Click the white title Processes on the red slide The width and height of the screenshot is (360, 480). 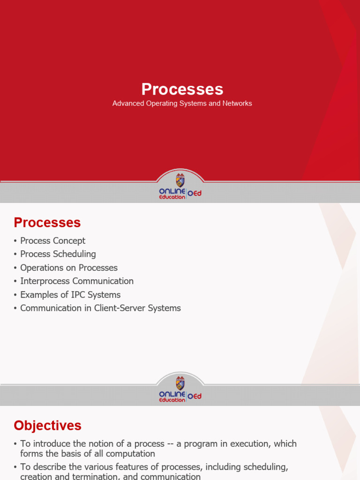pyautogui.click(x=182, y=90)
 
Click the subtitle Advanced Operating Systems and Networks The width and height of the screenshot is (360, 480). pyautogui.click(x=182, y=103)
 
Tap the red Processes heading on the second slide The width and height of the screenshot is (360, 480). pyautogui.click(x=47, y=222)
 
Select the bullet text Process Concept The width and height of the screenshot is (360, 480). pyautogui.click(x=52, y=240)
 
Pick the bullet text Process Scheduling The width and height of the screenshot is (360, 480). pyautogui.click(x=58, y=254)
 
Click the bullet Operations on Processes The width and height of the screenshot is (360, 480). pyautogui.click(x=68, y=268)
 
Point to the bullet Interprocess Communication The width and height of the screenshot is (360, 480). pyautogui.click(x=77, y=281)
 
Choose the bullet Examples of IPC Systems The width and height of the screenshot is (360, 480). pyautogui.click(x=70, y=294)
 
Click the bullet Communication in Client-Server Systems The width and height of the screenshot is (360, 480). pyautogui.click(x=100, y=308)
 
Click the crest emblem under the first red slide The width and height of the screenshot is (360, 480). pyautogui.click(x=180, y=180)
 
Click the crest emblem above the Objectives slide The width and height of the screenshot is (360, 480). pyautogui.click(x=180, y=383)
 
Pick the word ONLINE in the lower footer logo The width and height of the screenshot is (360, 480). pyautogui.click(x=172, y=394)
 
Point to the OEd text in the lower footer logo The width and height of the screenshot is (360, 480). pyautogui.click(x=195, y=396)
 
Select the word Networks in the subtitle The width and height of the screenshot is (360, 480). pyautogui.click(x=238, y=103)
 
